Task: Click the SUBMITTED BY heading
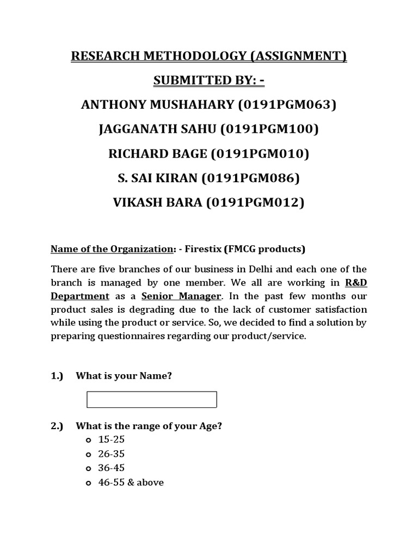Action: [x=208, y=81]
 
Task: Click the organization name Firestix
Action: [x=203, y=249]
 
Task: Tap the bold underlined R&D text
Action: [x=356, y=283]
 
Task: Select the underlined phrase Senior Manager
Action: [x=182, y=296]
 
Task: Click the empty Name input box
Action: [x=152, y=399]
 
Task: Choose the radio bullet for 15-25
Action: [x=88, y=440]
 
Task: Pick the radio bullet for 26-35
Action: [x=88, y=454]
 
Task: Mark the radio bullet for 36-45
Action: [x=88, y=468]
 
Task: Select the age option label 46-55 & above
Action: [x=131, y=482]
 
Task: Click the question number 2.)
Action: [x=57, y=426]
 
